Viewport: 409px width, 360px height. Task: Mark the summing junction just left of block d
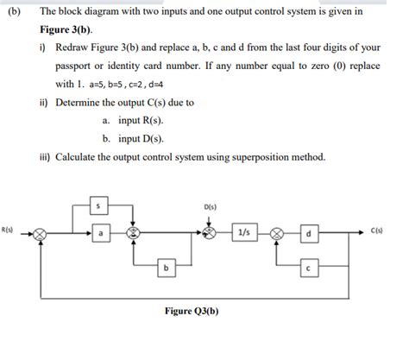click(x=278, y=233)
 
